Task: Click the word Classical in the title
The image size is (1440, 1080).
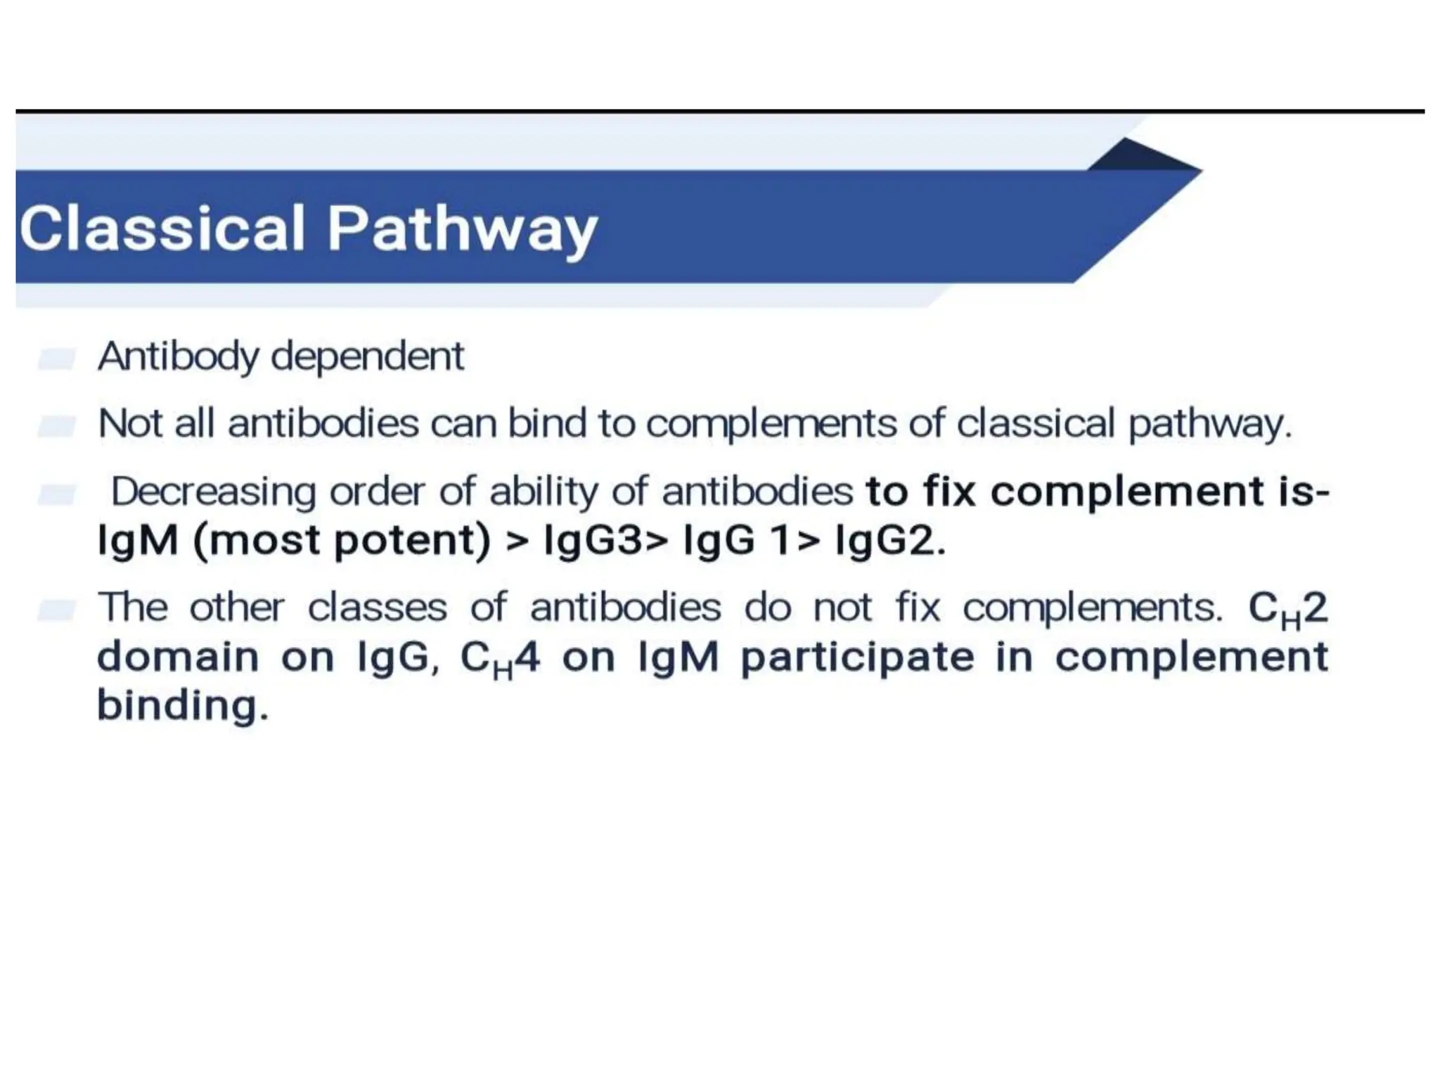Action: pos(162,229)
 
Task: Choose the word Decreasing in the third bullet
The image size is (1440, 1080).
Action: pos(213,491)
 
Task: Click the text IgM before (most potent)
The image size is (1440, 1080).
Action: pos(137,541)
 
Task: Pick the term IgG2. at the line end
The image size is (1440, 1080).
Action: pos(890,541)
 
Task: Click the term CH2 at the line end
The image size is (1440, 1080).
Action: pos(1287,608)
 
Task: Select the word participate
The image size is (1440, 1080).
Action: pos(857,657)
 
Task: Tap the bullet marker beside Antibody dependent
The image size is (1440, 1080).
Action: pos(56,359)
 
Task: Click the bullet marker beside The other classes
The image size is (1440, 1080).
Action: pos(56,610)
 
